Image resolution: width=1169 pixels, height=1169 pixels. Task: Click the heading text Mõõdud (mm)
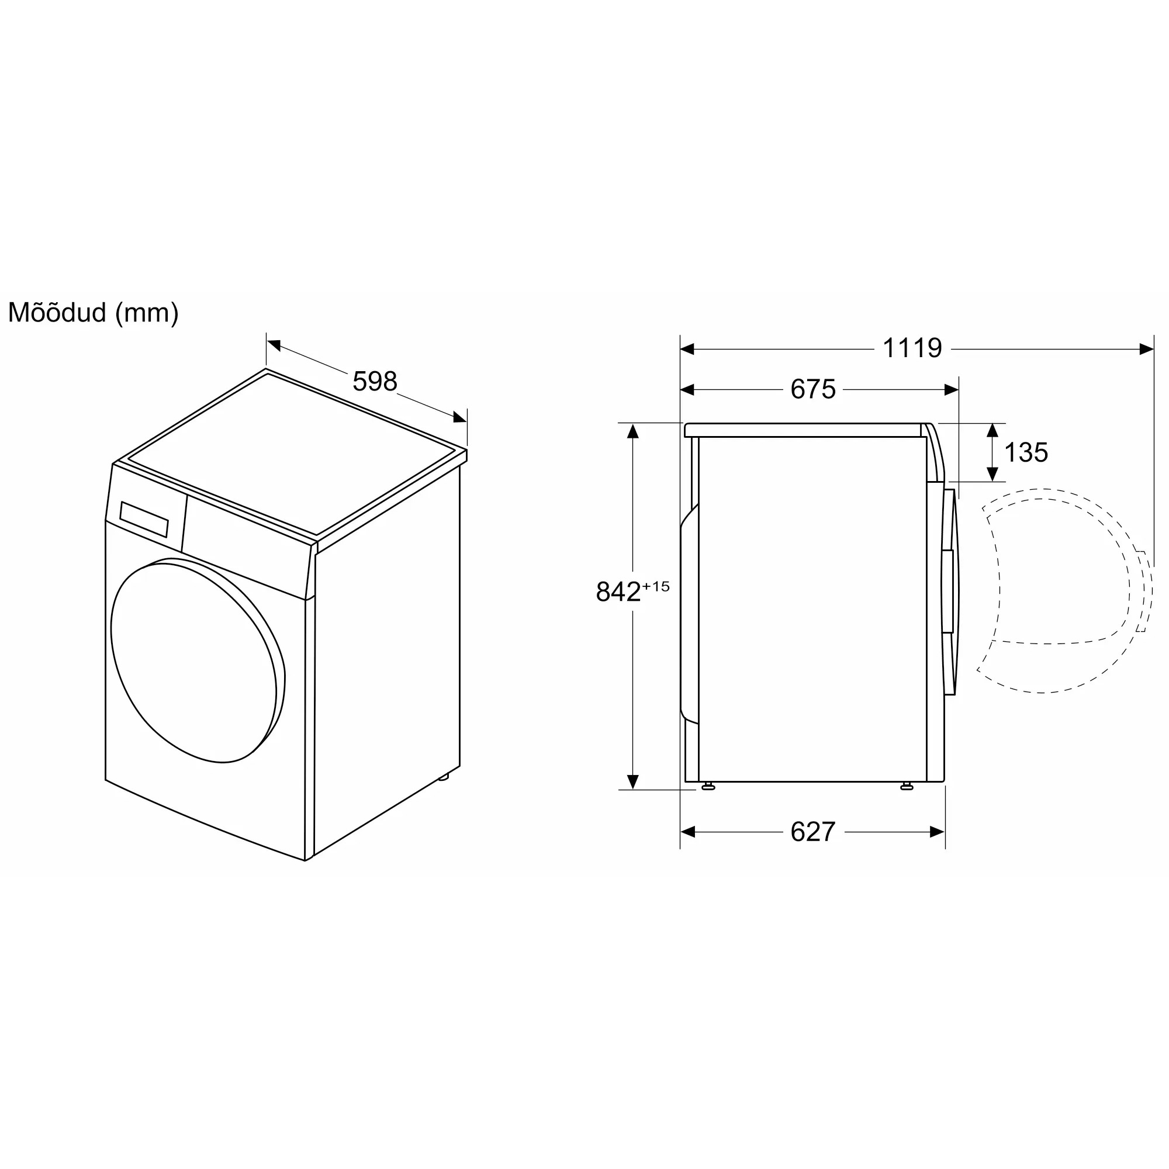[x=93, y=313]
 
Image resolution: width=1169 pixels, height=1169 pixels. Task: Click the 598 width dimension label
[x=375, y=381]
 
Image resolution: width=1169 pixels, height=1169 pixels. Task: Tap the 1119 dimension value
[x=912, y=348]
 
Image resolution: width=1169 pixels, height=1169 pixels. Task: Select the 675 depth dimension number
[x=812, y=389]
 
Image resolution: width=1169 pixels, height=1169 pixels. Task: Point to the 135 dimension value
[x=1026, y=452]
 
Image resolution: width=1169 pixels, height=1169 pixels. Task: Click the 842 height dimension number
[x=618, y=592]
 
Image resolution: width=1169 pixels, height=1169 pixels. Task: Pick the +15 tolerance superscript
[x=656, y=586]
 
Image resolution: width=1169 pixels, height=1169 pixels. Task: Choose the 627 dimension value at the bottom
[x=812, y=832]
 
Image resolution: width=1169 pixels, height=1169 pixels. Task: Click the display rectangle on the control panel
[x=144, y=519]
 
